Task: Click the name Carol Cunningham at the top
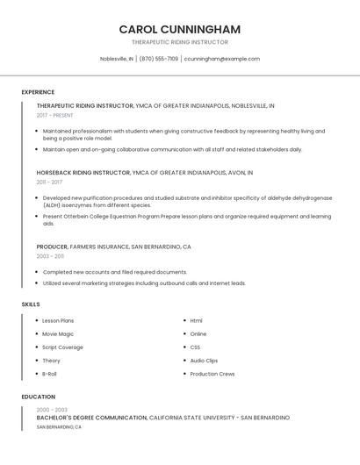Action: coord(179,29)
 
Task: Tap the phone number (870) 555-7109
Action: coord(159,59)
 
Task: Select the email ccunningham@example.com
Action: coord(222,59)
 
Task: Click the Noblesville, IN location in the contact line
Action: coord(117,59)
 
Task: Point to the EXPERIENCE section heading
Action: coord(38,92)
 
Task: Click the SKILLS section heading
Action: coord(31,304)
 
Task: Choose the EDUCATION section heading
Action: coord(38,397)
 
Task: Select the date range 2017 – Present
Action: coord(55,115)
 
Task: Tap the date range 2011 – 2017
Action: coord(49,182)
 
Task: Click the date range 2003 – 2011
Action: coord(50,256)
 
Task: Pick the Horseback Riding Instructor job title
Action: coord(83,173)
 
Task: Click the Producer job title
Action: coord(52,247)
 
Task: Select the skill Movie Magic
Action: coord(58,334)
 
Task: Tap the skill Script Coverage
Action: coord(62,347)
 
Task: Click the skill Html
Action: coord(197,321)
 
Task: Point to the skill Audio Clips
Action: coord(204,361)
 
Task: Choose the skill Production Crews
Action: coord(212,374)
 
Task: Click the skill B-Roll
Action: coord(49,374)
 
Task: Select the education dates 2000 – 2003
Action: coord(52,410)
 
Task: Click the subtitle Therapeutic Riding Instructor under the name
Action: coord(179,42)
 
